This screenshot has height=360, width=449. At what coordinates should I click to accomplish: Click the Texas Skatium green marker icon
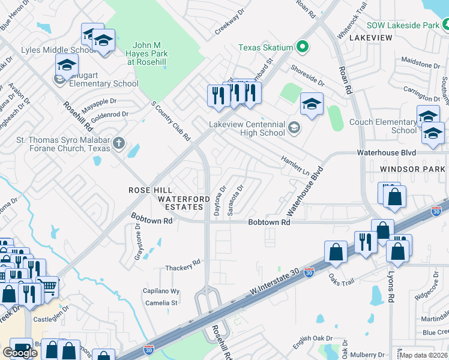tap(303, 47)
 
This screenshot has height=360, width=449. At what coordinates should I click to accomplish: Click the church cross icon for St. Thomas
tap(119, 143)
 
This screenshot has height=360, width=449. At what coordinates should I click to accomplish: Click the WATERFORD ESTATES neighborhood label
tap(184, 203)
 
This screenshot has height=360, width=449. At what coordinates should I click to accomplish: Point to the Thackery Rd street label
tap(182, 264)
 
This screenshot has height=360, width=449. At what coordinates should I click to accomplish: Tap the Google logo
tap(20, 353)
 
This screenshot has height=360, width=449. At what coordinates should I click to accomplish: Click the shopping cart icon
tap(47, 285)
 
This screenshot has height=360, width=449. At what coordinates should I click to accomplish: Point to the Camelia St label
tap(160, 303)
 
